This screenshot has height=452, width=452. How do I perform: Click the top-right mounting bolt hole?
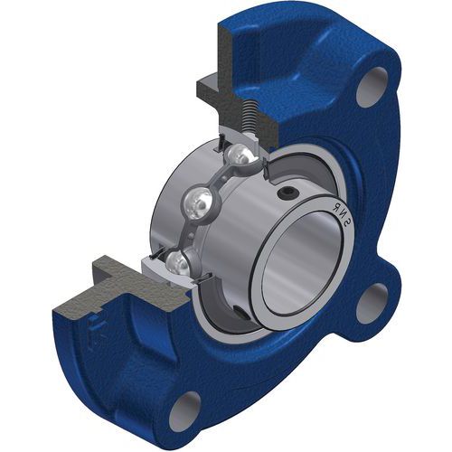point(372,87)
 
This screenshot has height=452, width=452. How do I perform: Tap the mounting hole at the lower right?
point(372,304)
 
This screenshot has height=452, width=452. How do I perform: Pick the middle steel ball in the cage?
point(198,202)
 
